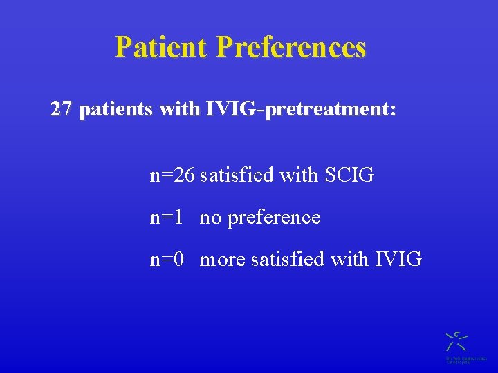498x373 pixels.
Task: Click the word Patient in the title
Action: [x=161, y=47]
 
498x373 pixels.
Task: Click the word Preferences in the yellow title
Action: [x=290, y=47]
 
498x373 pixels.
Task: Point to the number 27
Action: [x=61, y=109]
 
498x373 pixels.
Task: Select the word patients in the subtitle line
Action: [x=116, y=110]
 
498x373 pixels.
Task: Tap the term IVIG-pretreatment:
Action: [x=301, y=110]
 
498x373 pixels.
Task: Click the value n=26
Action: [x=172, y=175]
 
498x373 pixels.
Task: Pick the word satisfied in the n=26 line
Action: [x=237, y=175]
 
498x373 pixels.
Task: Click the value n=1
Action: [x=167, y=218]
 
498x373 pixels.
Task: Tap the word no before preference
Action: [x=211, y=218]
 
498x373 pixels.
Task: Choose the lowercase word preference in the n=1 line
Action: [x=274, y=218]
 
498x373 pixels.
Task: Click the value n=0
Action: [x=167, y=260]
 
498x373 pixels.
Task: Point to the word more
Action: [x=223, y=260]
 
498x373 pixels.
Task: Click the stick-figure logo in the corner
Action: [x=456, y=341]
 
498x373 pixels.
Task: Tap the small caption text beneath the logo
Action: [x=465, y=360]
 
